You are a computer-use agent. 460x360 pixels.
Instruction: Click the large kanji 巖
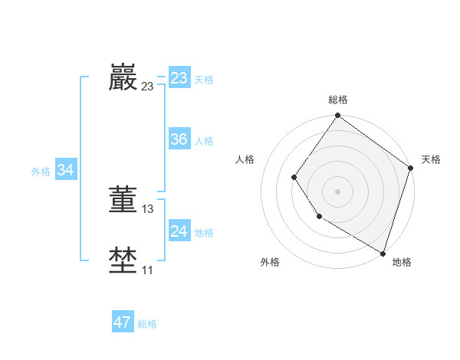click(x=123, y=77)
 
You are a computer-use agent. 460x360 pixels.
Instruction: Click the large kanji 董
click(x=123, y=199)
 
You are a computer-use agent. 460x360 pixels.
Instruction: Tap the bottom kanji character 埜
click(x=123, y=260)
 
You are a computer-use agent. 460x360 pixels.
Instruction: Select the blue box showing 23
click(x=179, y=78)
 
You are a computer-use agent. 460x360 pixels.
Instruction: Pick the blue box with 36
click(x=179, y=139)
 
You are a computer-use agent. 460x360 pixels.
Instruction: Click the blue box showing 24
click(x=179, y=231)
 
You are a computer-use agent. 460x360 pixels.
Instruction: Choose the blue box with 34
click(x=65, y=170)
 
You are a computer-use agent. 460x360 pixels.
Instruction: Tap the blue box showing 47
click(x=122, y=322)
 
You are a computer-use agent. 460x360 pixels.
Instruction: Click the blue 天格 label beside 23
click(x=204, y=80)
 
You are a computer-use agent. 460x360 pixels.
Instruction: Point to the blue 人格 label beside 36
click(x=204, y=141)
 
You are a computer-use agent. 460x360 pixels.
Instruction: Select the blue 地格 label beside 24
click(x=204, y=233)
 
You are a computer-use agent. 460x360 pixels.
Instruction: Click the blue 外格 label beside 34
click(x=41, y=172)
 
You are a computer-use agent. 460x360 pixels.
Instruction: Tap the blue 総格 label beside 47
click(x=147, y=324)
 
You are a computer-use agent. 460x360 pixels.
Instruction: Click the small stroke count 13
click(x=148, y=208)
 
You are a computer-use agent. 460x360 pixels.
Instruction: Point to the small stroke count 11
click(x=148, y=270)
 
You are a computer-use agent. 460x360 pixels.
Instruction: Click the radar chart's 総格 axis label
click(x=338, y=100)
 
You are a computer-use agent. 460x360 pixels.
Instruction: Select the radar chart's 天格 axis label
click(x=432, y=159)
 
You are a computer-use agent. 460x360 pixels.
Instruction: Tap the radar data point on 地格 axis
click(x=383, y=253)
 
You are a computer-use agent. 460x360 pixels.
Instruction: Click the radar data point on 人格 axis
click(x=294, y=177)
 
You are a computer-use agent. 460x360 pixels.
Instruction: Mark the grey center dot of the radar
click(x=338, y=191)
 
